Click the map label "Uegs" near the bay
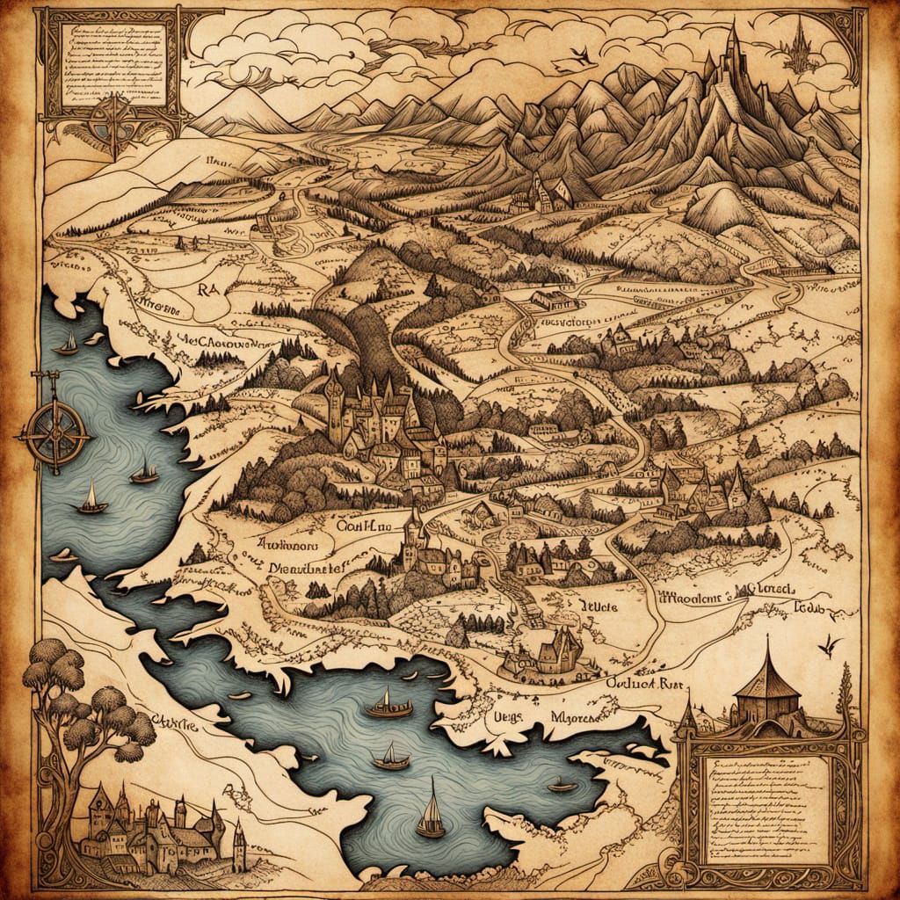coord(504,715)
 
